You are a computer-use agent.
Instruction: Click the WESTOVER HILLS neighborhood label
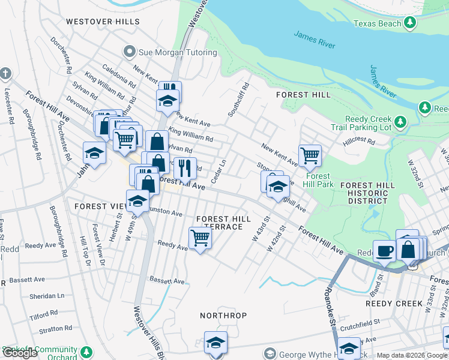click(x=103, y=21)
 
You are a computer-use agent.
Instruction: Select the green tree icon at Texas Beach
click(x=410, y=23)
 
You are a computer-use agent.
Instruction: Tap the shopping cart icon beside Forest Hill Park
click(x=310, y=155)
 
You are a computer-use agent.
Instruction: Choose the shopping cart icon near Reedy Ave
click(x=200, y=238)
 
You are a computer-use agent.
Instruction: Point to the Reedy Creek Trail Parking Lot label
click(x=368, y=123)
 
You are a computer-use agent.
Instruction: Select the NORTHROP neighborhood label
click(x=223, y=314)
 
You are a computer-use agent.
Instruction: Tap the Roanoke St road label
click(x=329, y=306)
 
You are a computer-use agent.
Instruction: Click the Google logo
click(x=20, y=353)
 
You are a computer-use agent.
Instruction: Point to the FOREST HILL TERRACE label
click(x=220, y=223)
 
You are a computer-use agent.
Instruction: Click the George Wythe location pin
click(x=270, y=353)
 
